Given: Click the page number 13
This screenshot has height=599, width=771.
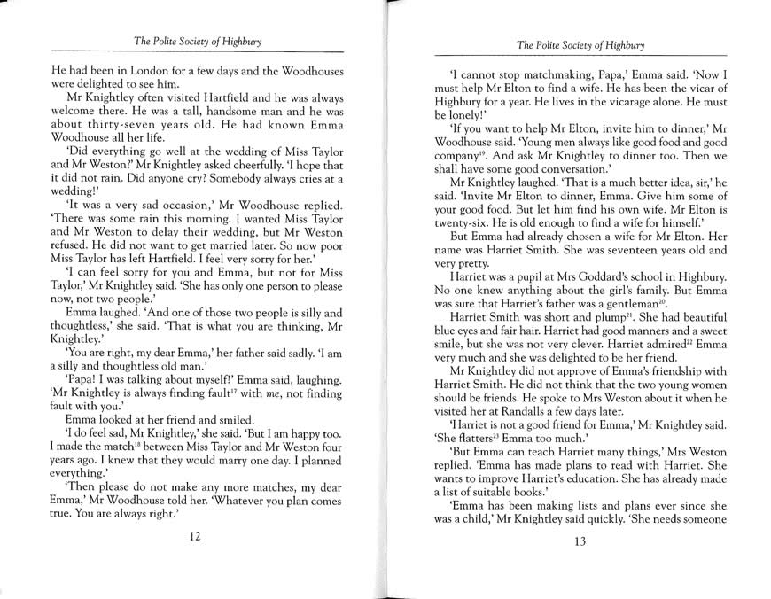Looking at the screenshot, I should (580, 541).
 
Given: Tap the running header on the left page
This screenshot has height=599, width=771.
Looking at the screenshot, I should (197, 41).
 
